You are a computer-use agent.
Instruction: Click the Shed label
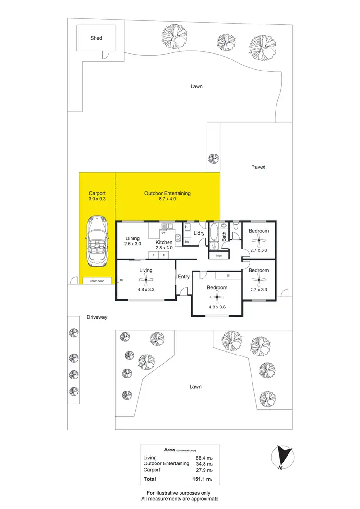(x=96, y=38)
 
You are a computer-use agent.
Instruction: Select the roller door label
(x=97, y=280)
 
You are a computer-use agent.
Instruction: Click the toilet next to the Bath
(x=236, y=226)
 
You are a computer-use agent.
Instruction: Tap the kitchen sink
(x=168, y=226)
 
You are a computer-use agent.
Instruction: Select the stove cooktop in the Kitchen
(x=178, y=237)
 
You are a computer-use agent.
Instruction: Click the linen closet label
(x=218, y=256)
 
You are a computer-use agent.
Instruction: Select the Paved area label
(x=258, y=167)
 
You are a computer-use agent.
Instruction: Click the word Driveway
(x=97, y=317)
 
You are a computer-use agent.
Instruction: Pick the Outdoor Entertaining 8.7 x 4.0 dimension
(x=168, y=199)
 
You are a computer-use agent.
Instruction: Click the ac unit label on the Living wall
(x=121, y=280)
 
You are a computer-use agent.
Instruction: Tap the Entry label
(x=184, y=277)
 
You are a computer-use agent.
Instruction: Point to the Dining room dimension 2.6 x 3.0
(x=132, y=244)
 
